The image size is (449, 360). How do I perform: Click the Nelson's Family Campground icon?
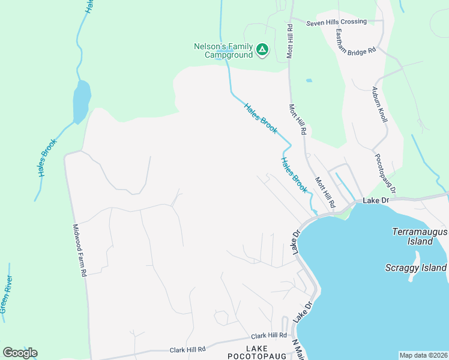click(x=262, y=49)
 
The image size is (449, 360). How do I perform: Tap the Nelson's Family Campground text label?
click(x=223, y=50)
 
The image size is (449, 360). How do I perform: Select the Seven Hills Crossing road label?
click(x=336, y=22)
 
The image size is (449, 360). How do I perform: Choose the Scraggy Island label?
click(x=416, y=268)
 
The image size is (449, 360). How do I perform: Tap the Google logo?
click(x=20, y=353)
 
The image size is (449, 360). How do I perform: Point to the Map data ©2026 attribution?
click(x=423, y=355)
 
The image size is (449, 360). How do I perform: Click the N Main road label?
click(x=296, y=349)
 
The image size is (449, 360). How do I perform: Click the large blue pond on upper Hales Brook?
click(x=81, y=102)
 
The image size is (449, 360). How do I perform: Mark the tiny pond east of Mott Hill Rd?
click(x=309, y=80)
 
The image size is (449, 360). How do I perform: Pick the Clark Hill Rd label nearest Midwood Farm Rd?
click(x=187, y=349)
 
